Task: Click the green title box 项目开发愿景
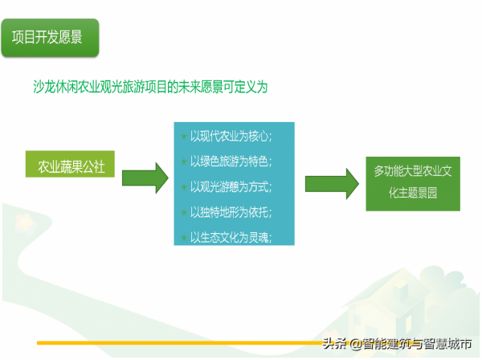pos(49,38)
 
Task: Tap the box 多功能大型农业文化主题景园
pos(412,184)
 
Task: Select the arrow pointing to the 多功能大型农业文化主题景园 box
pos(330,184)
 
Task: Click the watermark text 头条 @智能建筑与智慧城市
pos(397,345)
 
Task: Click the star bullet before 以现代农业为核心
pos(184,135)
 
